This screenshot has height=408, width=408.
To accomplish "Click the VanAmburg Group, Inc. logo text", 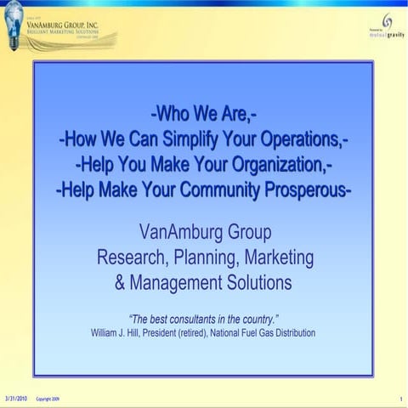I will pyautogui.click(x=72, y=25).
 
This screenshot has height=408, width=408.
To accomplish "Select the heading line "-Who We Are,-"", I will pyautogui.click(x=203, y=113).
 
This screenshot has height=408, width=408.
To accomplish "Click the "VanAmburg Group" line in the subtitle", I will pyautogui.click(x=204, y=232).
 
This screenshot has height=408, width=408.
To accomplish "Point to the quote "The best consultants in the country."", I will pyautogui.click(x=204, y=319).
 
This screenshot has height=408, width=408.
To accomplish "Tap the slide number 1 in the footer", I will pyautogui.click(x=399, y=398).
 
